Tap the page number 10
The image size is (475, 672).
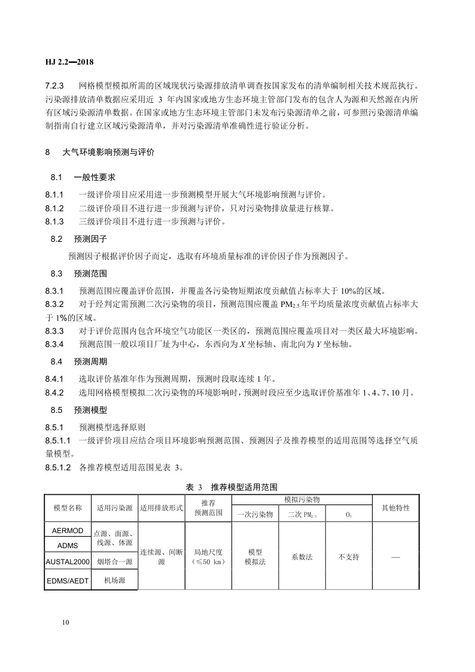pyautogui.click(x=65, y=622)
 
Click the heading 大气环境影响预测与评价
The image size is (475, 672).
pyautogui.click(x=108, y=153)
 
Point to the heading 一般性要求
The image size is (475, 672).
pyautogui.click(x=95, y=178)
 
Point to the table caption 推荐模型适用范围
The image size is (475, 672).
pyautogui.click(x=244, y=488)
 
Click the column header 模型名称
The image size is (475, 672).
pyautogui.click(x=68, y=507)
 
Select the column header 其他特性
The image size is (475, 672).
pyautogui.click(x=395, y=507)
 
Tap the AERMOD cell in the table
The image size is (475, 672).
pyautogui.click(x=68, y=530)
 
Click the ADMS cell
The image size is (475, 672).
pyautogui.click(x=68, y=545)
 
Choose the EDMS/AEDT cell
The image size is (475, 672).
pyautogui.click(x=68, y=580)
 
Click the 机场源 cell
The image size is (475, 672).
pyautogui.click(x=114, y=580)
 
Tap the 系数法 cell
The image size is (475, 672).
pyautogui.click(x=302, y=557)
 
